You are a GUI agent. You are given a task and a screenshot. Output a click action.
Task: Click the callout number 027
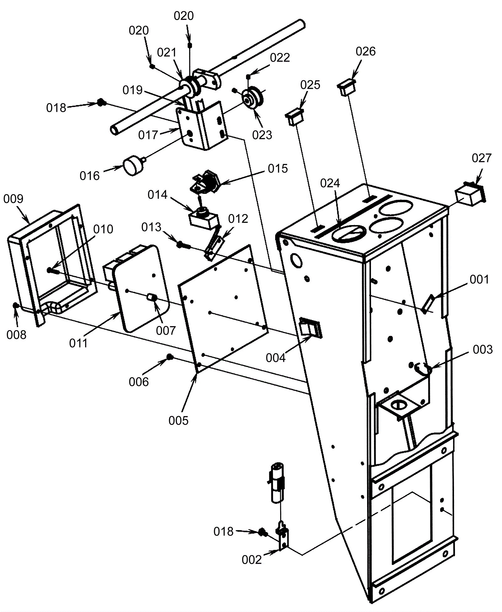coord(481,158)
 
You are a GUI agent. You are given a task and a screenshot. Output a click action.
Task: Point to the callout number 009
coord(13,199)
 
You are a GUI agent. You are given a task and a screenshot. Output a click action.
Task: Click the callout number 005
coord(178,421)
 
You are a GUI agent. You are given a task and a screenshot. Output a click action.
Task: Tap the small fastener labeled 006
coord(170,357)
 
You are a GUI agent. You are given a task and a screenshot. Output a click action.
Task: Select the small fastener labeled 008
coord(15,305)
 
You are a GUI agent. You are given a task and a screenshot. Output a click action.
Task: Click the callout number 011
coord(78,343)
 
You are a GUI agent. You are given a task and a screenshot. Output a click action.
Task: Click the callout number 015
coord(278,169)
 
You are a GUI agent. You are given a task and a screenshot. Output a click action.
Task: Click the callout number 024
coord(330,183)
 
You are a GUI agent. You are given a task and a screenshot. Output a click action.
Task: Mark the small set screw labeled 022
coord(248,77)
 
